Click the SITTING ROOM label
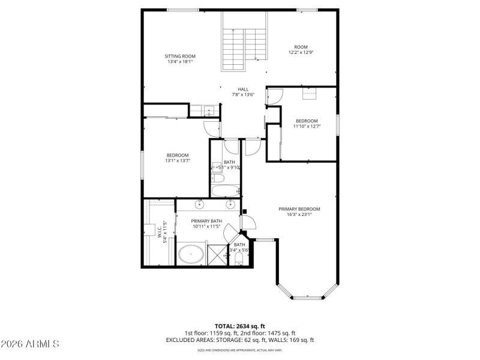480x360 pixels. click(x=180, y=56)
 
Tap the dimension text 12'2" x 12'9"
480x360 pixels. click(x=300, y=52)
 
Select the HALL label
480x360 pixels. click(x=243, y=89)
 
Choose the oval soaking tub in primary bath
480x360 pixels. click(x=191, y=254)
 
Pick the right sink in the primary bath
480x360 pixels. click(x=229, y=204)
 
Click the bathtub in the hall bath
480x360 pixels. click(x=226, y=191)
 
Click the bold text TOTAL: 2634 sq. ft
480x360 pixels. click(x=239, y=326)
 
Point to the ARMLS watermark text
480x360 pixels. click(x=30, y=344)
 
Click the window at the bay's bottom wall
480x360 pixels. click(x=309, y=298)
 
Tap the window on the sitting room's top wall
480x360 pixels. click(x=182, y=10)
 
